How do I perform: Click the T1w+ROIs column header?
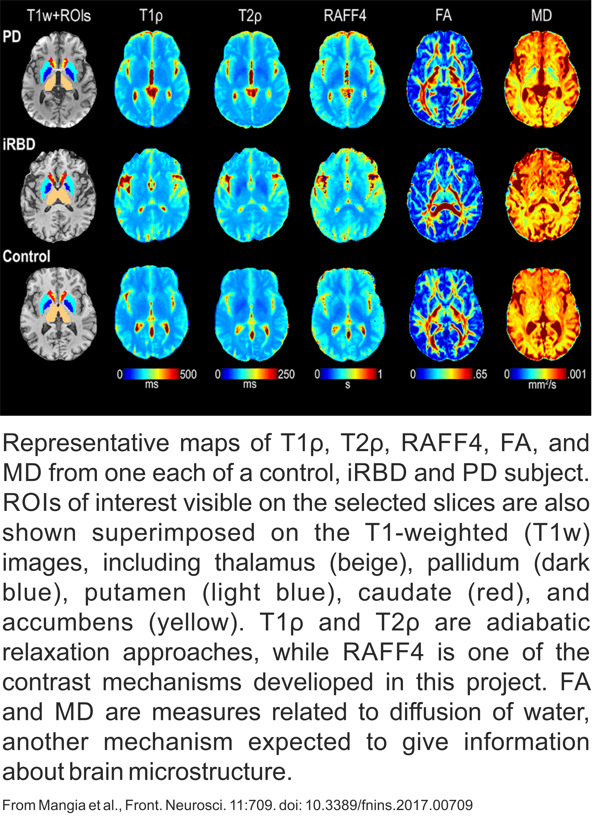pyautogui.click(x=59, y=16)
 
